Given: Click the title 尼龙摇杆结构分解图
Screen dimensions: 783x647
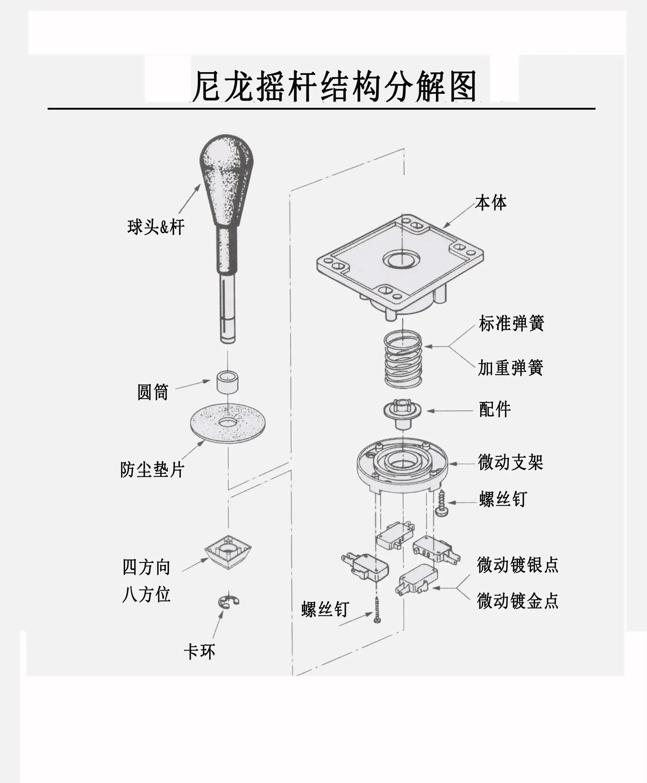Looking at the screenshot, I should coord(334,86).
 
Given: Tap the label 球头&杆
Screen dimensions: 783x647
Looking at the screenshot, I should coord(156,227).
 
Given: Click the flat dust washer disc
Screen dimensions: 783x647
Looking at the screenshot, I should coord(227,422).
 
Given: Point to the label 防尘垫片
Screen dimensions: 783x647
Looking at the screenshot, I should coord(152,470).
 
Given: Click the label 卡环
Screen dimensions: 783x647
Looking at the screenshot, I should coord(199,651).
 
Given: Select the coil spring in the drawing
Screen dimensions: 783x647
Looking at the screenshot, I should coord(403,359).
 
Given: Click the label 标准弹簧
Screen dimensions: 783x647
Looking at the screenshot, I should coord(511,323).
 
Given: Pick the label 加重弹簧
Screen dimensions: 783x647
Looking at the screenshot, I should coord(510,368).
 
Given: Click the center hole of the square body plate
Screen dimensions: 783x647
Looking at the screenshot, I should coord(401,259).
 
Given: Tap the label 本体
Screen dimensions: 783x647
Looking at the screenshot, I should coord(491,203).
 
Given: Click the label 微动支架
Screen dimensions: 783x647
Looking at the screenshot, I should coord(510,462).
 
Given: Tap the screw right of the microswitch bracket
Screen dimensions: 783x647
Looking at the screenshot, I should coord(441,503).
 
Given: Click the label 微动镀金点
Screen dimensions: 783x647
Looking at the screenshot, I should coord(517,601).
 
